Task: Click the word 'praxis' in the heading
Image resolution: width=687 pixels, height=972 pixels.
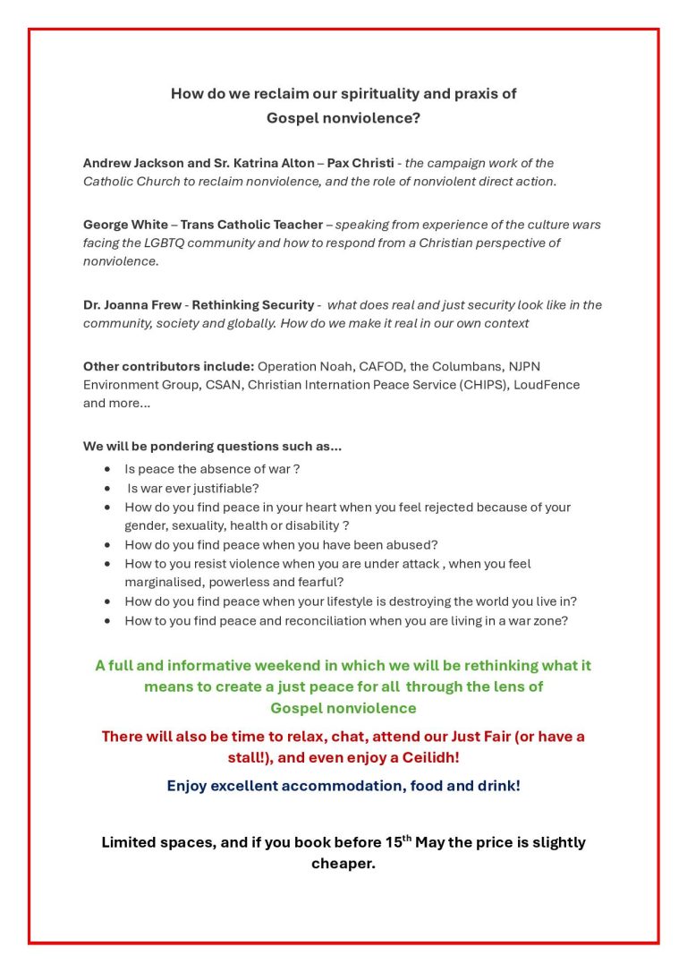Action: click(x=457, y=93)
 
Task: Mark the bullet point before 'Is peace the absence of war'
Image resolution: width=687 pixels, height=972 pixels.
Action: click(x=108, y=469)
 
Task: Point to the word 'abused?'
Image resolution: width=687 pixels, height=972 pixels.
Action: click(x=413, y=544)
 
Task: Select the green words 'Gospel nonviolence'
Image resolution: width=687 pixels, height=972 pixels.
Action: click(x=343, y=708)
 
